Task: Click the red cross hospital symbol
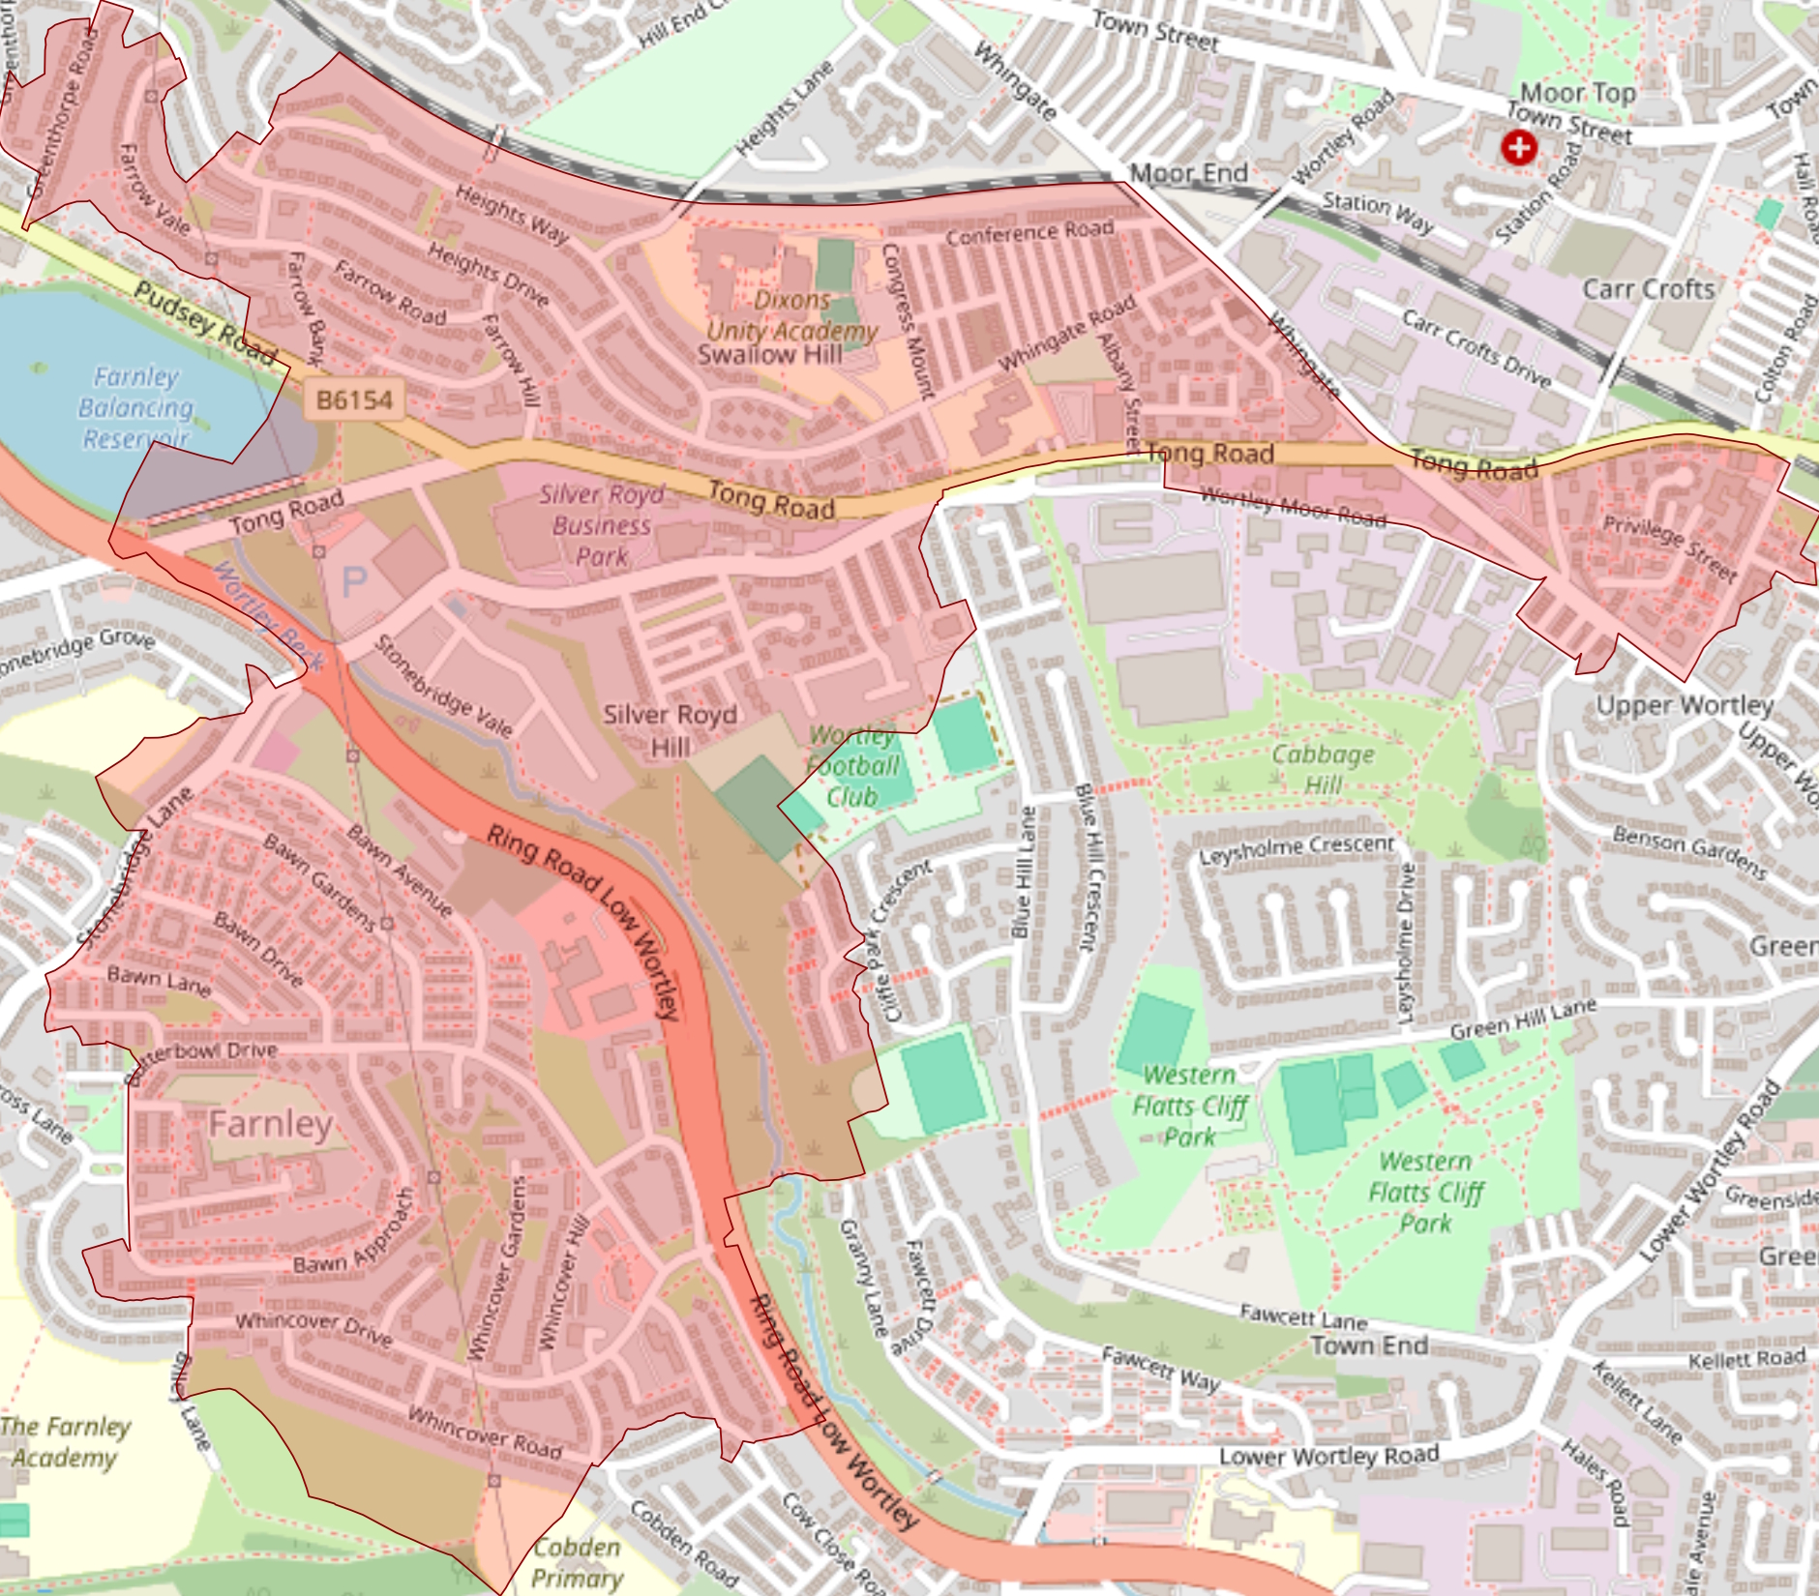pos(1518,147)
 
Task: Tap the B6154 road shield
pos(355,399)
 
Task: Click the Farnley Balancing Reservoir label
pos(135,407)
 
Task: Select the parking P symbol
pos(354,581)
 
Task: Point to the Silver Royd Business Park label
pos(601,525)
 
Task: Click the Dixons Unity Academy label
pos(791,316)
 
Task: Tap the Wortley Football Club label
pos(852,766)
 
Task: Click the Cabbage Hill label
pos(1323,769)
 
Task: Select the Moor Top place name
pos(1577,93)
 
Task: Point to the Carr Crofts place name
pos(1648,289)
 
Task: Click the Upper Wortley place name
pos(1685,705)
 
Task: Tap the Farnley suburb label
pos(271,1124)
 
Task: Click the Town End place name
pos(1369,1345)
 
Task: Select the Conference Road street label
pos(1029,232)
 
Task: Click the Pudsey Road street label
pos(206,322)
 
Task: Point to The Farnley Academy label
pos(65,1441)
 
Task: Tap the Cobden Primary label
pos(577,1562)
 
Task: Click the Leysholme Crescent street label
pos(1297,849)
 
